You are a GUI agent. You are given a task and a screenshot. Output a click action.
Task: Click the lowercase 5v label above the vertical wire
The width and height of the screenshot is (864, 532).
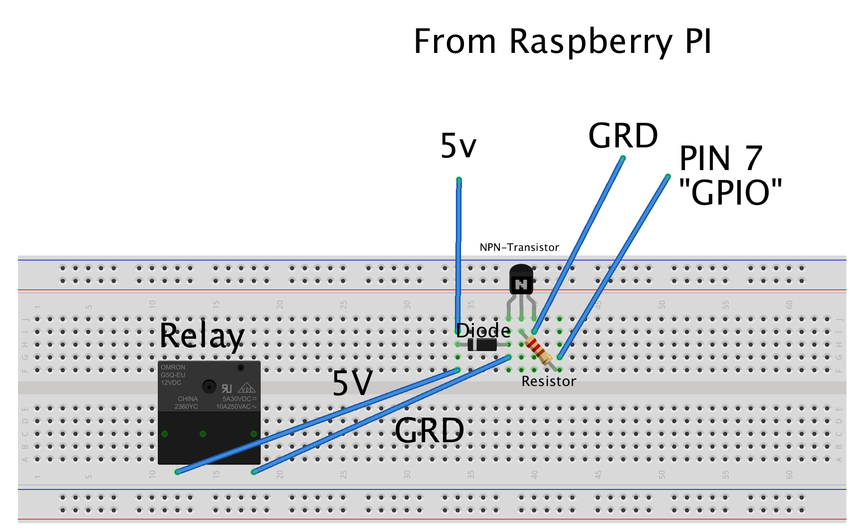[x=458, y=146]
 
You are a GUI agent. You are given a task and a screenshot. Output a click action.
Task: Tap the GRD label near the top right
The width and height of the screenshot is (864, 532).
[x=623, y=136]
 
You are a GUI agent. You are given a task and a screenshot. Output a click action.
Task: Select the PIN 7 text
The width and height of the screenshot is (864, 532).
[x=720, y=159]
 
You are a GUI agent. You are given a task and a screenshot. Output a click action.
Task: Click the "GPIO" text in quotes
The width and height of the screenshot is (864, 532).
[x=730, y=193]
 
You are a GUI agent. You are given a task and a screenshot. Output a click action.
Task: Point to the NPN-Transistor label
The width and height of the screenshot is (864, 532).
[x=519, y=248]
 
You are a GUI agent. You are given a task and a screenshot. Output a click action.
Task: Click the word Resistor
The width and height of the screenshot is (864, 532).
[x=548, y=381]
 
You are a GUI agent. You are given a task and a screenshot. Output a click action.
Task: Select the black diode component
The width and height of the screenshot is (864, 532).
[x=482, y=344]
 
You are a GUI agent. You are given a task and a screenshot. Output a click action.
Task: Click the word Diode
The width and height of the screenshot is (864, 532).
[x=483, y=330]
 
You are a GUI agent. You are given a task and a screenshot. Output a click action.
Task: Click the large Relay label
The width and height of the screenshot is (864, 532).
[x=202, y=336]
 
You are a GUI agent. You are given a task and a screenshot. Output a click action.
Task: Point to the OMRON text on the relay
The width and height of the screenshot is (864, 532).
[x=173, y=367]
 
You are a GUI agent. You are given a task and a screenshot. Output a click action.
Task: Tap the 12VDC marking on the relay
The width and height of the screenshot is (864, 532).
[x=171, y=383]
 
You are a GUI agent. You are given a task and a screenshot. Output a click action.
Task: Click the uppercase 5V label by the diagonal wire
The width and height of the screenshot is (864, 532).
[x=352, y=383]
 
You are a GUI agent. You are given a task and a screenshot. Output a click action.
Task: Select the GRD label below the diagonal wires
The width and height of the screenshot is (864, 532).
[x=429, y=431]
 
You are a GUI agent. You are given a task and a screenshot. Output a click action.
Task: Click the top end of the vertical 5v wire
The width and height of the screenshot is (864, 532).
[x=459, y=180]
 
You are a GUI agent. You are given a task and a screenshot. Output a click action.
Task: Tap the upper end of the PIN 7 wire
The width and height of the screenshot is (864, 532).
[x=667, y=178]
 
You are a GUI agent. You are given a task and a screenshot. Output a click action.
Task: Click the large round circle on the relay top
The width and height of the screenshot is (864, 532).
[x=209, y=386]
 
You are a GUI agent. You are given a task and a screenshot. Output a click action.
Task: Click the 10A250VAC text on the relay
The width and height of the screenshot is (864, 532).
[x=234, y=406]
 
